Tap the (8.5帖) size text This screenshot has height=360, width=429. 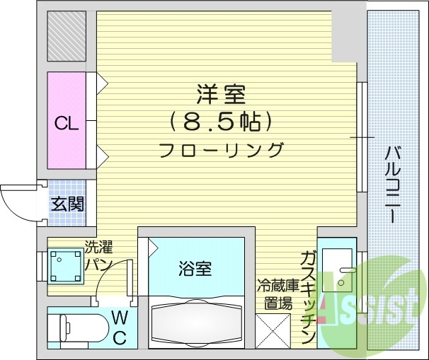pos(220,122)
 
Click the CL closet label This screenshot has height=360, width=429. pos(67,123)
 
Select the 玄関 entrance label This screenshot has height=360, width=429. pos(67,204)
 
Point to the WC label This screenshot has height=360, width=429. pos(119,327)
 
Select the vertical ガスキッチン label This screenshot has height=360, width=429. pos(308,297)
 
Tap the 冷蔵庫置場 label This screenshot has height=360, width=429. pos(275,296)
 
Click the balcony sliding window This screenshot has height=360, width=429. pos(362,137)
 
